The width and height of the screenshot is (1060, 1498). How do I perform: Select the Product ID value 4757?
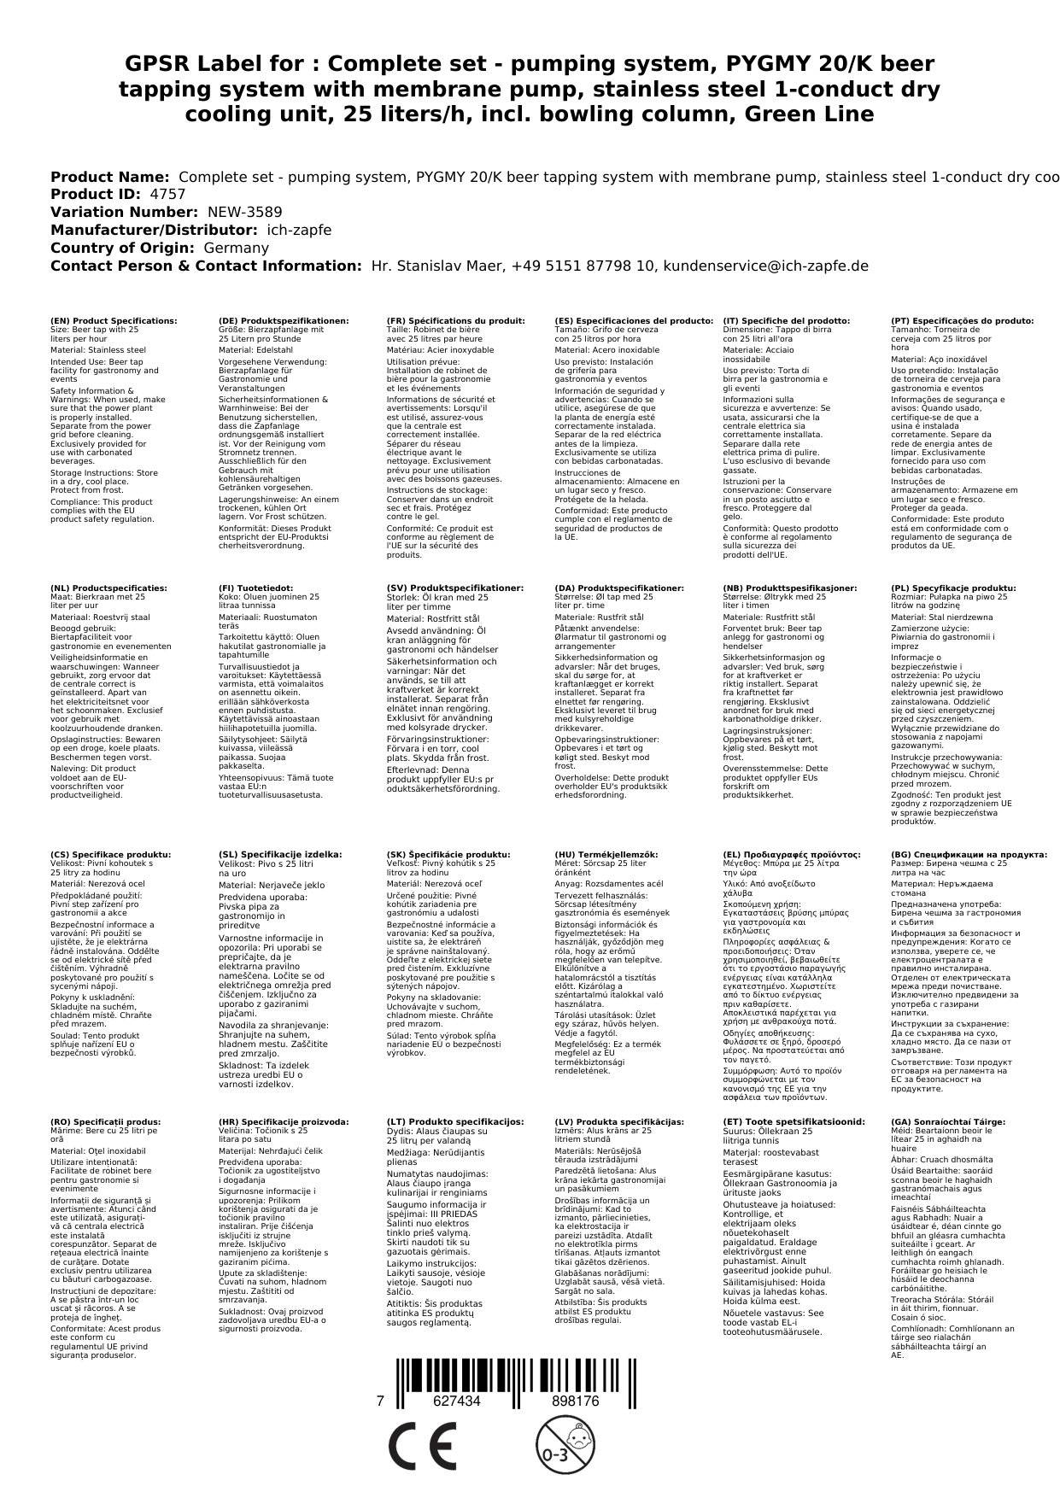(x=167, y=194)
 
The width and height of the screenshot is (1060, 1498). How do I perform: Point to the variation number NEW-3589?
(x=244, y=212)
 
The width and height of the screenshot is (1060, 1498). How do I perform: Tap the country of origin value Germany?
(x=236, y=248)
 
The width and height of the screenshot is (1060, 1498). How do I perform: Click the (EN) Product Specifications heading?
(x=114, y=320)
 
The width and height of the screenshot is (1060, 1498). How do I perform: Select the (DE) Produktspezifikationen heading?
(x=284, y=320)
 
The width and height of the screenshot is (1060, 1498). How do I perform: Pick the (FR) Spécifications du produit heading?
(x=455, y=320)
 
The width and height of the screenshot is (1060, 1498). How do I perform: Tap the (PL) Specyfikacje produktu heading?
(x=953, y=588)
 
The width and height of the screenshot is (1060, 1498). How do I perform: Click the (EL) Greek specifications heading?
(x=791, y=854)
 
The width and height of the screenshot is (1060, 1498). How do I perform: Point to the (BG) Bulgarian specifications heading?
(x=969, y=854)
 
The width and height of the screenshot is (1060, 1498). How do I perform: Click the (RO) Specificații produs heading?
(x=105, y=1121)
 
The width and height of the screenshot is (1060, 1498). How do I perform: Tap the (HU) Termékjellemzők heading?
(x=606, y=854)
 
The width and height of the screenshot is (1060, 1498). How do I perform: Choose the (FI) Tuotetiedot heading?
(x=255, y=588)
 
